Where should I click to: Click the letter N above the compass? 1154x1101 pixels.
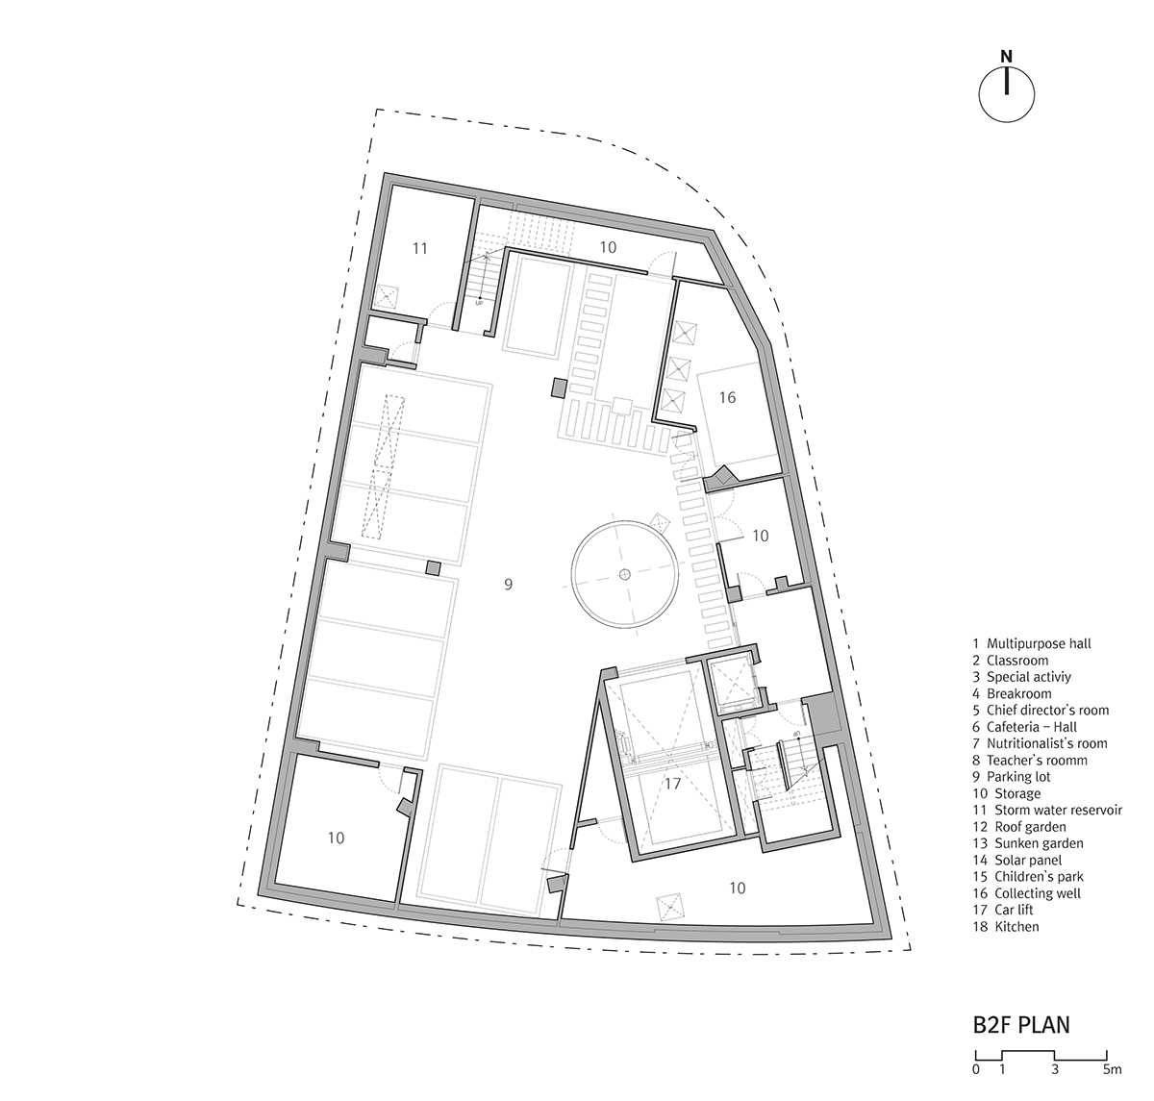(1006, 57)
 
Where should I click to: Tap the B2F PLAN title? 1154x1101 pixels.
(1021, 1024)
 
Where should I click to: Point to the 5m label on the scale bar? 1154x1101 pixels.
(1112, 1069)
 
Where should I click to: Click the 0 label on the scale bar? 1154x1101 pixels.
(975, 1069)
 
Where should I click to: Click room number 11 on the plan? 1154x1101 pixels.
(419, 248)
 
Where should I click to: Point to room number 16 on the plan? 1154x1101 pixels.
(727, 397)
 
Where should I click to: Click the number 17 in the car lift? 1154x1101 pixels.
(672, 783)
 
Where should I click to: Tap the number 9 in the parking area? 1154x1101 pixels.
(509, 584)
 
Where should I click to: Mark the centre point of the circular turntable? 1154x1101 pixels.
(624, 574)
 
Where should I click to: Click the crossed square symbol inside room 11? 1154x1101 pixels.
(387, 297)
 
